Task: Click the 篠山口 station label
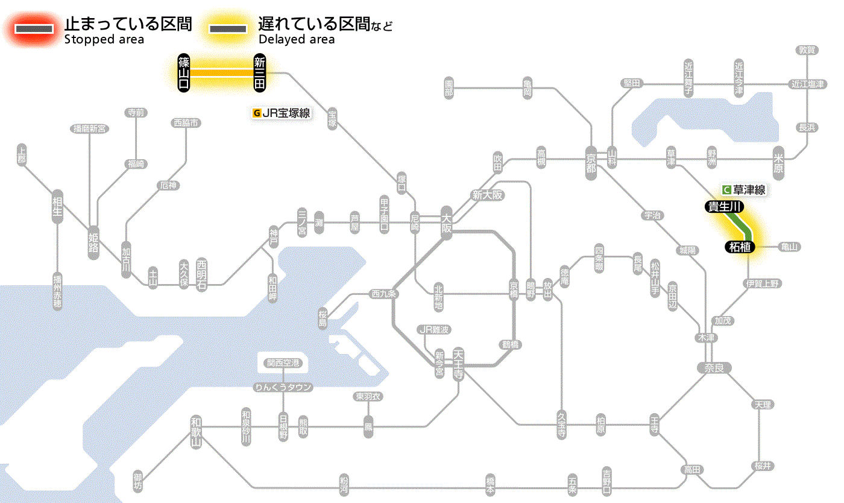184,73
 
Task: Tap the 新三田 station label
260,73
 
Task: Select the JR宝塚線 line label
286,113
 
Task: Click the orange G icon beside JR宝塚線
257,113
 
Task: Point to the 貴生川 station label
725,207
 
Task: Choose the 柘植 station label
738,247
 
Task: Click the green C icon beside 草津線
726,190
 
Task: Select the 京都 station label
591,160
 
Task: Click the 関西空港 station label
283,363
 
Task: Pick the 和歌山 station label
195,431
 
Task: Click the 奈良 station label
714,367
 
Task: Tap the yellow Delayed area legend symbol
227,29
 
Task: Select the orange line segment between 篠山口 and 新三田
222,73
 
